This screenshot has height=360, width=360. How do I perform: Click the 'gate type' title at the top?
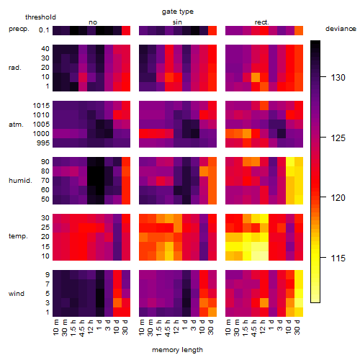(178, 12)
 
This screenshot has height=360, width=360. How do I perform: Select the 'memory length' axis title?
(177, 350)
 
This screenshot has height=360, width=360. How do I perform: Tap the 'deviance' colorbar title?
(341, 29)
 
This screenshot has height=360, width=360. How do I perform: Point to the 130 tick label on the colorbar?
(338, 78)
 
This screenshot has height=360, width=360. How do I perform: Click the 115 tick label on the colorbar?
(338, 258)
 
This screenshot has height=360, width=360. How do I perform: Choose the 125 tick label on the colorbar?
(338, 138)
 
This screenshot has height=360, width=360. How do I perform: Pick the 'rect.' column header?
(261, 22)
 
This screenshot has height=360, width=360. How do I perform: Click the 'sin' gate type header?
(177, 22)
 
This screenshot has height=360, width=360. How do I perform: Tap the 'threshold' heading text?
(40, 17)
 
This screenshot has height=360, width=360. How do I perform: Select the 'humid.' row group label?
(20, 181)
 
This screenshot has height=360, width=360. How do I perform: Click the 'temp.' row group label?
(18, 236)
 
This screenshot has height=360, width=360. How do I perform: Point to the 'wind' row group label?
(17, 294)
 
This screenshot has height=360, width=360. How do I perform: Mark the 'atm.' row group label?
(16, 125)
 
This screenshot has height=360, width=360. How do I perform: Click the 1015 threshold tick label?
(41, 106)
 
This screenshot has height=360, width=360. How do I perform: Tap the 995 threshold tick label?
(43, 143)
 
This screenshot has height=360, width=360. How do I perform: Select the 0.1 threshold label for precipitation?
(44, 30)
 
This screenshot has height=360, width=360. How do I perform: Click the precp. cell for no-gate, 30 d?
(126, 30)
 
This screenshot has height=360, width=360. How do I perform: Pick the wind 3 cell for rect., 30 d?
(299, 303)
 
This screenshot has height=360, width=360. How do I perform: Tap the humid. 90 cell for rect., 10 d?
(290, 162)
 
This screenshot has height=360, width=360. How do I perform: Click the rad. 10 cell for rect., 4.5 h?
(256, 77)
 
